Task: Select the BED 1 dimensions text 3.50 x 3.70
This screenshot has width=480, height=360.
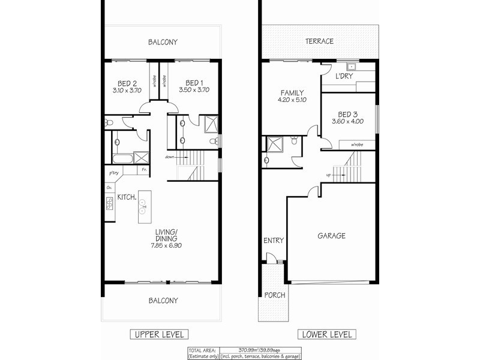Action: click(193, 91)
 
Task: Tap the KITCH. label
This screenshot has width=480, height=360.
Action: click(127, 197)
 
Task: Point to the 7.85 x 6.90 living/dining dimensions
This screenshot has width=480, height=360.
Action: click(165, 246)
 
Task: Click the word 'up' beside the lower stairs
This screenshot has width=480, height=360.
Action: click(328, 176)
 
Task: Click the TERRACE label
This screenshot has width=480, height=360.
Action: click(319, 41)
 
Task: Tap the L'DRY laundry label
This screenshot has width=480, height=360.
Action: click(344, 77)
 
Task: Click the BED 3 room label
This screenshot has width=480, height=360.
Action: click(349, 114)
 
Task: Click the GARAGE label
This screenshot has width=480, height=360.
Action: click(331, 236)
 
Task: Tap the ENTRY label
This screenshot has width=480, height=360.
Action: click(273, 241)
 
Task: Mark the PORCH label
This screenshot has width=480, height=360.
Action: click(274, 295)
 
